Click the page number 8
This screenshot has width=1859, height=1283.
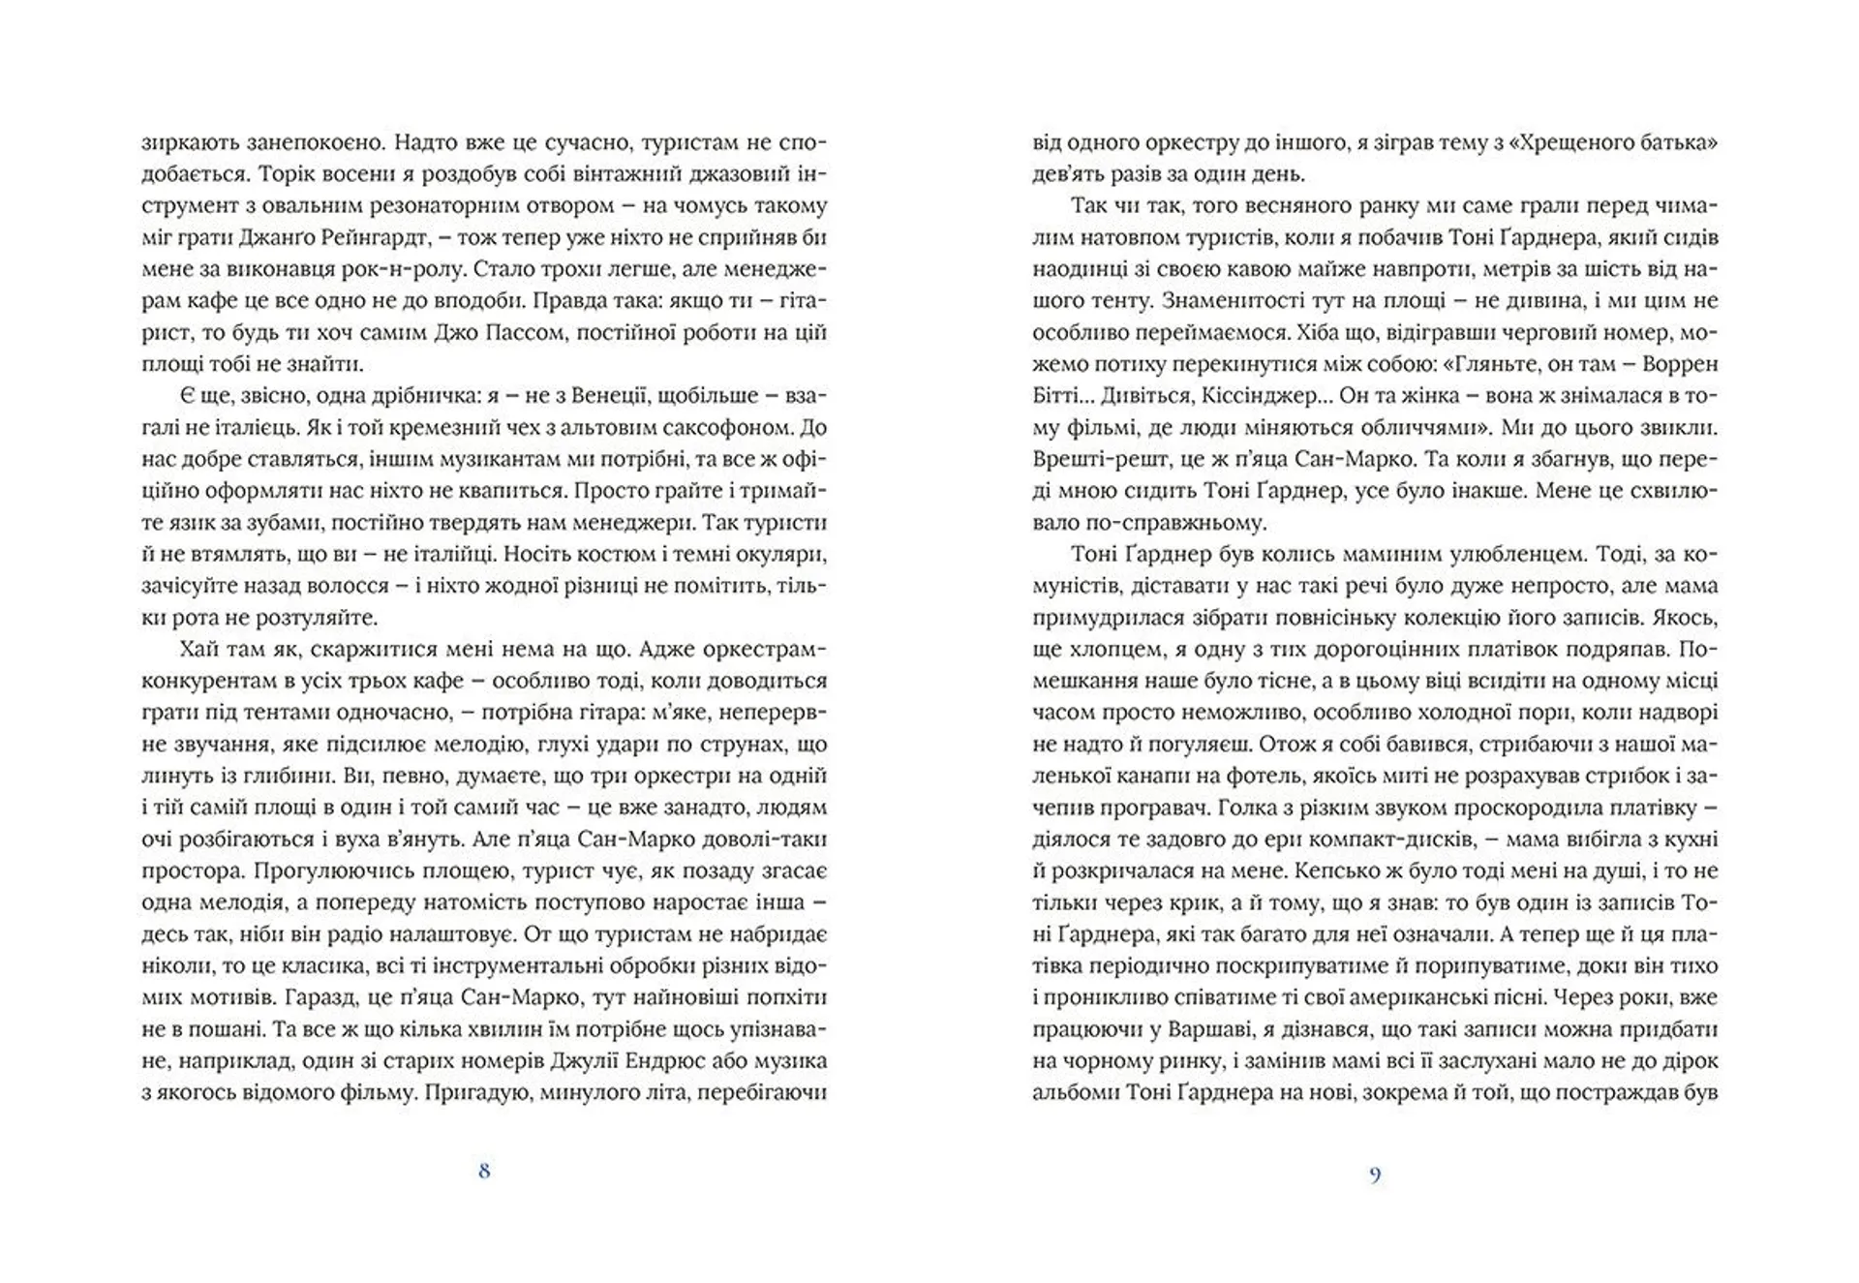coord(484,1171)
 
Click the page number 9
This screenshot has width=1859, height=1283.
coord(1375,1176)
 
